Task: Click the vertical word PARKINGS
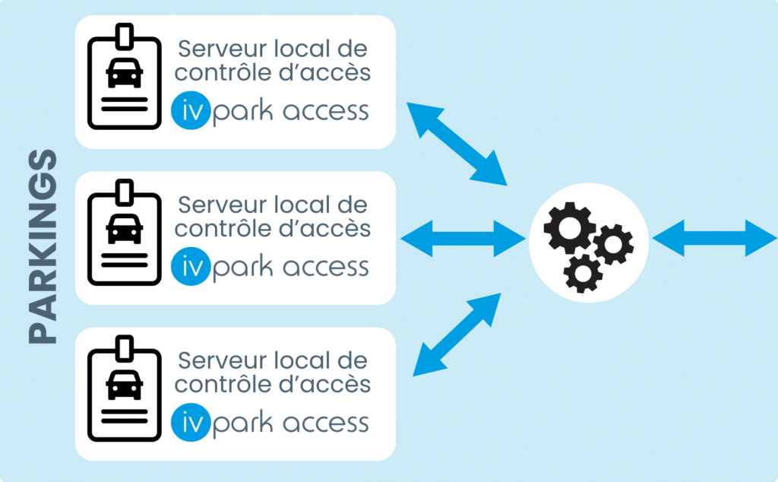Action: tap(43, 247)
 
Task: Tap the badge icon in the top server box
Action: tap(125, 80)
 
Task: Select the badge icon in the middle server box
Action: tap(125, 236)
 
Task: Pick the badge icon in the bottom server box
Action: tap(125, 392)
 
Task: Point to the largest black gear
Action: tap(569, 225)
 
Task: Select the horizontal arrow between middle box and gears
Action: tap(463, 238)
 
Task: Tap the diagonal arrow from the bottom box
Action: tap(457, 335)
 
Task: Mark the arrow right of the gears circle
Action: tap(714, 238)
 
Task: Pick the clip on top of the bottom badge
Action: tap(125, 346)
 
